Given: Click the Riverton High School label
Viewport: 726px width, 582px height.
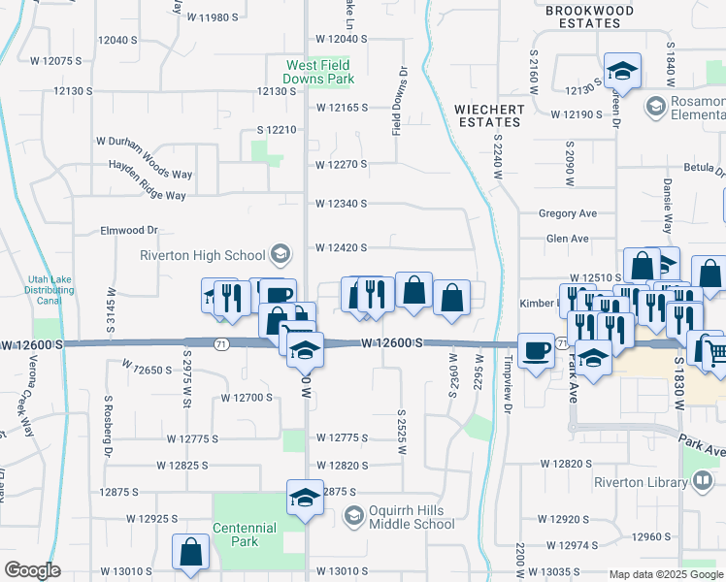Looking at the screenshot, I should (203, 255).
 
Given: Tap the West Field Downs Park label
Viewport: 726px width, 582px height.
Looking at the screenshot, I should (318, 73).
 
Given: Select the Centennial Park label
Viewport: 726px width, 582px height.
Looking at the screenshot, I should (246, 534).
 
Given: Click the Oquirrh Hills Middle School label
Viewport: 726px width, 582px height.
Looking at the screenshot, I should (412, 518).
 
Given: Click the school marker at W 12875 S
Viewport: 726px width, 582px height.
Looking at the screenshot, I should (305, 499).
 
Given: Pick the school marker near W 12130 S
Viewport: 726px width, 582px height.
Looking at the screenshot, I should (620, 71).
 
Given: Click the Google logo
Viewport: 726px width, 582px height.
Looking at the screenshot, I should (32, 570).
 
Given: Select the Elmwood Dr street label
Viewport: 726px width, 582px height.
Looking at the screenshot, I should (129, 231).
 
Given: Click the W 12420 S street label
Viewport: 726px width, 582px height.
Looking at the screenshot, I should (341, 247).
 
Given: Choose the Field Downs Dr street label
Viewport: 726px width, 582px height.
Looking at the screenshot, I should (397, 101).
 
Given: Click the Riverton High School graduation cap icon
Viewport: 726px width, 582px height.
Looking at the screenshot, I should (280, 255).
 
